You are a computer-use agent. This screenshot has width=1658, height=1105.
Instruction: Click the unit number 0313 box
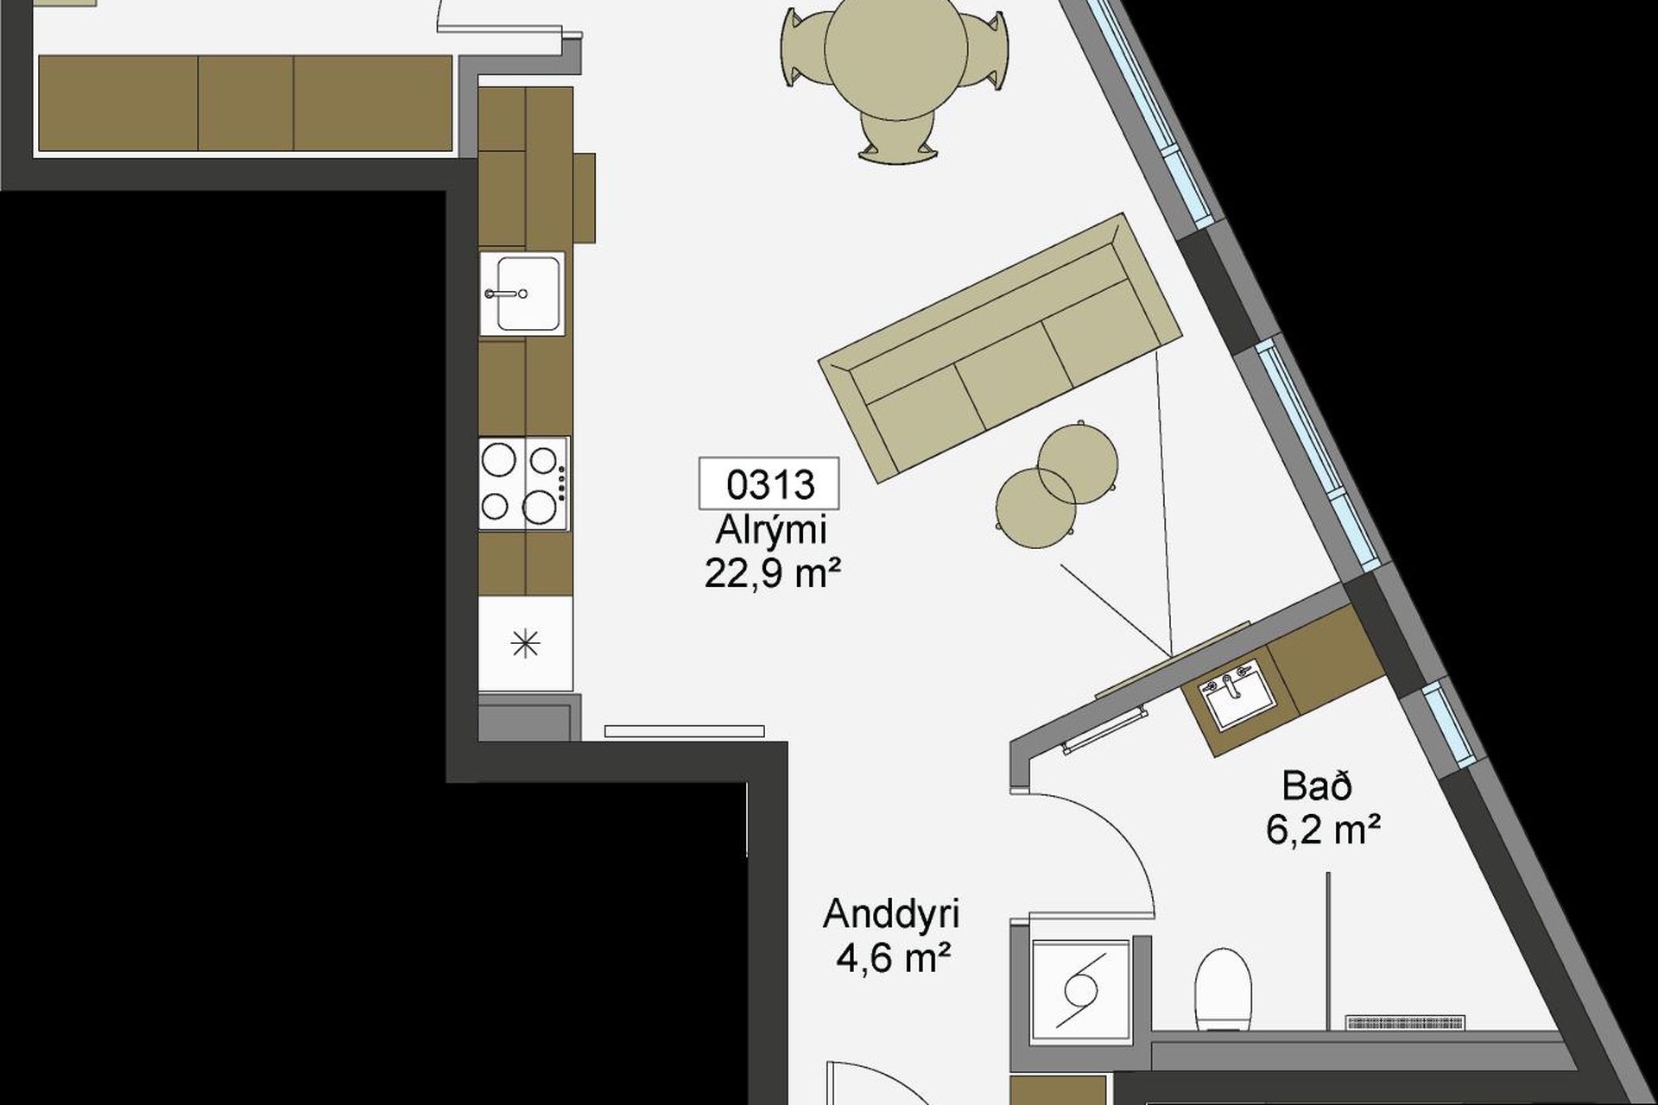point(769,483)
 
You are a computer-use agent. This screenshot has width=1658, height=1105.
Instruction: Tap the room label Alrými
point(770,530)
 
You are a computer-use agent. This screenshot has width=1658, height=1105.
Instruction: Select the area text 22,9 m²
point(773,572)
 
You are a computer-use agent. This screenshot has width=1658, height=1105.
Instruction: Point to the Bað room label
point(1317,786)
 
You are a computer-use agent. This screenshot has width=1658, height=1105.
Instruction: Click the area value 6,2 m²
point(1323,830)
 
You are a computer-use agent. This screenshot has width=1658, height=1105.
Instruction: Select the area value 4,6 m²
point(894,957)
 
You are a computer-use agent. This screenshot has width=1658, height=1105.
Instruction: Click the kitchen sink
point(522,294)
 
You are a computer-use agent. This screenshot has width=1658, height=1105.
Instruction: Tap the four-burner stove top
point(523,483)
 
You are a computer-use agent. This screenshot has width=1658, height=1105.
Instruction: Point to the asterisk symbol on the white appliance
point(525,644)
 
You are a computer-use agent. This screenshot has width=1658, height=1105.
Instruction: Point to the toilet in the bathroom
point(1223,988)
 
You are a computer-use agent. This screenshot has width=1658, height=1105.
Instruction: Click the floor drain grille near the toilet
point(1405,1023)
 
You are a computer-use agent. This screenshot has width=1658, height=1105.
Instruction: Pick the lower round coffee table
point(1036,508)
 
